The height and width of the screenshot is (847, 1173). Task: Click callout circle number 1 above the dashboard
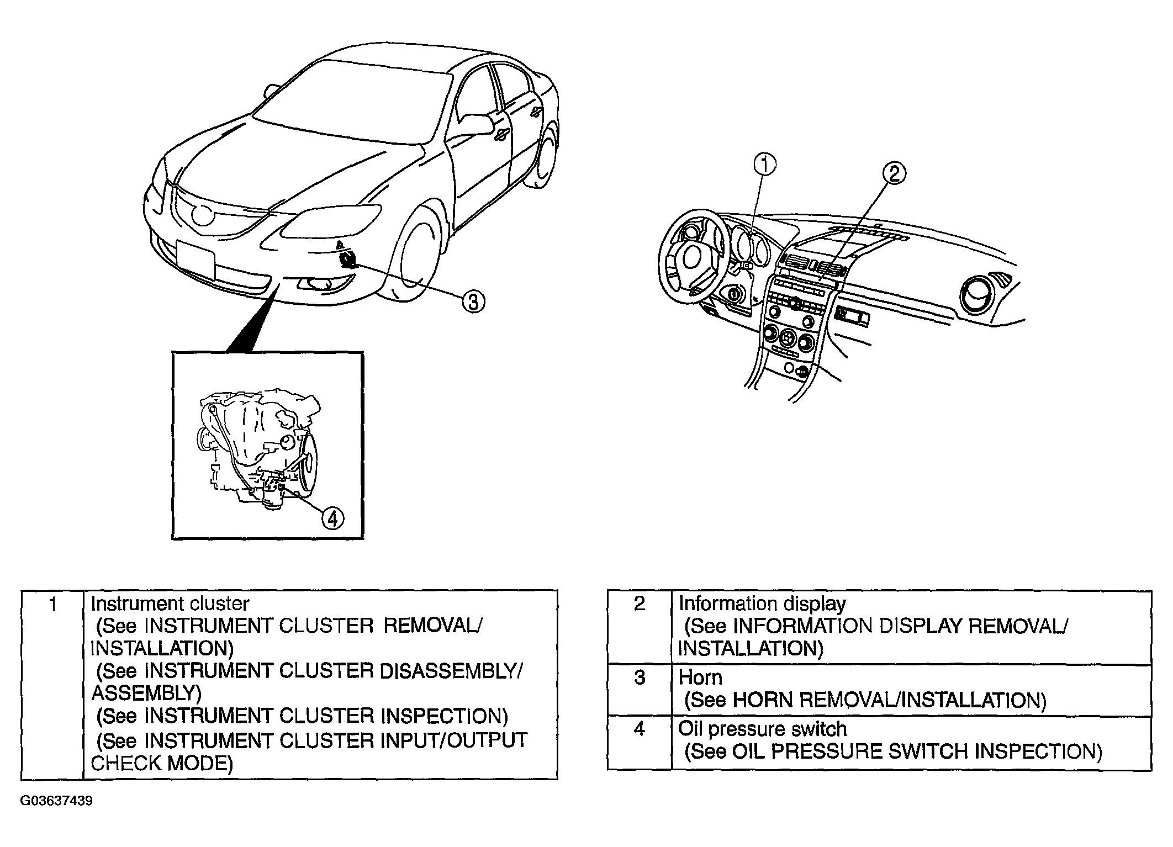pyautogui.click(x=765, y=165)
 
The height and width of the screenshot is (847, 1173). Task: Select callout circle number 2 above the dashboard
pyautogui.click(x=894, y=174)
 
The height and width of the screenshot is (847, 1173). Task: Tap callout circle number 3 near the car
pyautogui.click(x=473, y=302)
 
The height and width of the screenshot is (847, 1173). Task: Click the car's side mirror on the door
pyautogui.click(x=474, y=123)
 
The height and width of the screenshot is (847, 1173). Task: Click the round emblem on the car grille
pyautogui.click(x=203, y=214)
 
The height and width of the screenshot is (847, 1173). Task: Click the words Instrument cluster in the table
pyautogui.click(x=170, y=604)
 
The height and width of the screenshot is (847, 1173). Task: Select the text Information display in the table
pyautogui.click(x=762, y=604)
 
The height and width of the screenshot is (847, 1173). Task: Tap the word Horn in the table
pyautogui.click(x=700, y=677)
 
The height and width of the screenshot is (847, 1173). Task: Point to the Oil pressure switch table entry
pyautogui.click(x=763, y=729)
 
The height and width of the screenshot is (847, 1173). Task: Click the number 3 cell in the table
pyautogui.click(x=640, y=690)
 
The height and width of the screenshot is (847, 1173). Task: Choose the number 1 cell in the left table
pyautogui.click(x=52, y=685)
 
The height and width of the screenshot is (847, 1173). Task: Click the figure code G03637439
pyautogui.click(x=57, y=801)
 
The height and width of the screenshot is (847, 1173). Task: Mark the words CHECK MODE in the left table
pyautogui.click(x=162, y=763)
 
